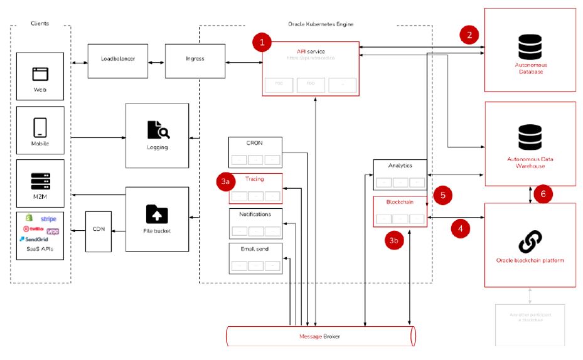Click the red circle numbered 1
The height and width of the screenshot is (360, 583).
click(262, 43)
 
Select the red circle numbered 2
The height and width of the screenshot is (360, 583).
click(469, 34)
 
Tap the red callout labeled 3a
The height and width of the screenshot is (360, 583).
click(226, 182)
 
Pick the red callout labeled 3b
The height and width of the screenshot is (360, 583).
click(394, 241)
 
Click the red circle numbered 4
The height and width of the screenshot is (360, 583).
click(461, 229)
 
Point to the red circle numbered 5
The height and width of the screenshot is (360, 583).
click(443, 195)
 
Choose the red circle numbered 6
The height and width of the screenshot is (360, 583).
click(543, 194)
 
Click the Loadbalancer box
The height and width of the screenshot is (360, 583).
click(118, 60)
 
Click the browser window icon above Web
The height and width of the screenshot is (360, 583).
click(41, 74)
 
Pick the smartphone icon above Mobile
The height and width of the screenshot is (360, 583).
click(41, 127)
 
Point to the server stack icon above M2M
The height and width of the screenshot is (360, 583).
click(41, 181)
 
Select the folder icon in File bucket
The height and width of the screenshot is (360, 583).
click(157, 214)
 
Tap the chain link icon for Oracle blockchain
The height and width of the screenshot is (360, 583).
click(530, 240)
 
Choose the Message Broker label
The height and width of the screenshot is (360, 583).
click(320, 337)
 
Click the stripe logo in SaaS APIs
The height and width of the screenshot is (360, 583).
click(48, 220)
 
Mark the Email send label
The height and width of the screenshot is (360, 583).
click(255, 249)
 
